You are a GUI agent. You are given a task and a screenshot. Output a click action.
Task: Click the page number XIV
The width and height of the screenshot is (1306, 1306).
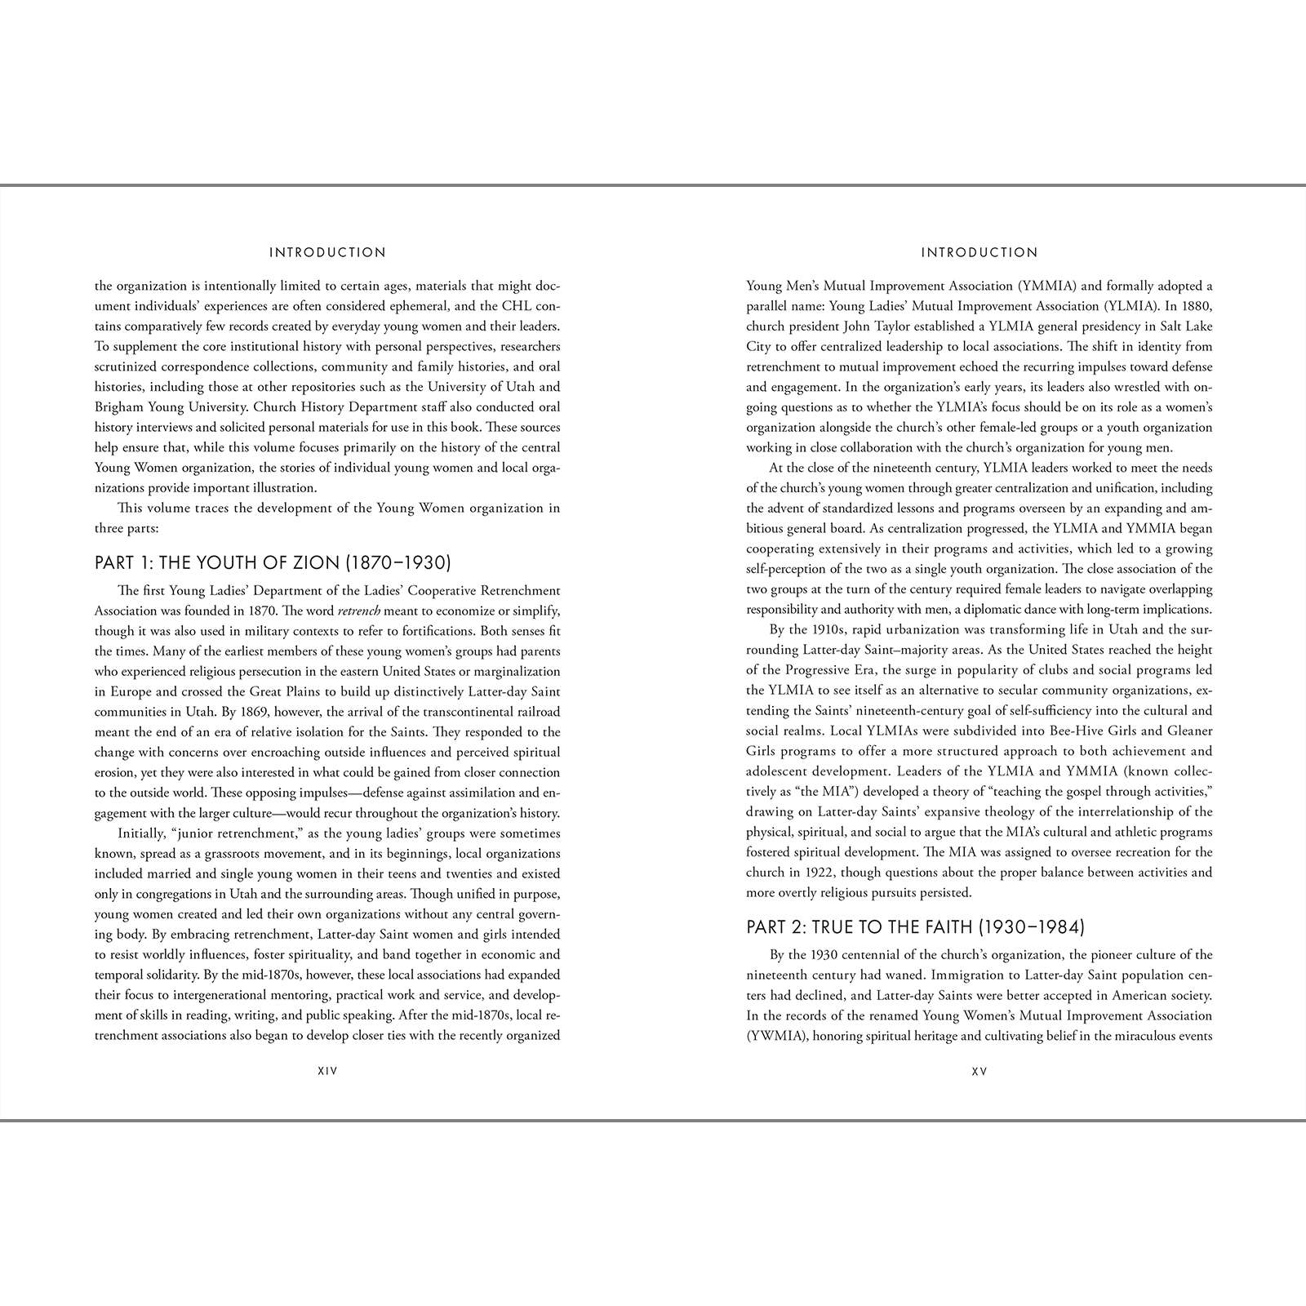click(x=327, y=1071)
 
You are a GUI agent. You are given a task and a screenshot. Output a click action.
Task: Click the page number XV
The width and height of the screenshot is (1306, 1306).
click(x=979, y=1071)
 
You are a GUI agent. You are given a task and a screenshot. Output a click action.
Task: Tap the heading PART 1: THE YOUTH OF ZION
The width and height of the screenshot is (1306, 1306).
click(x=273, y=562)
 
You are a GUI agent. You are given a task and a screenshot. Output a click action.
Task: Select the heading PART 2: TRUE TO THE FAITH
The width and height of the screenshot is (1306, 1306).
click(x=915, y=926)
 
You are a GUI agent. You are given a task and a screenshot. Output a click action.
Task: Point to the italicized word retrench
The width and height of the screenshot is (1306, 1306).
click(x=359, y=611)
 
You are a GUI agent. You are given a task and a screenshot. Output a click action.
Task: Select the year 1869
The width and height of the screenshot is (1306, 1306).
click(x=344, y=712)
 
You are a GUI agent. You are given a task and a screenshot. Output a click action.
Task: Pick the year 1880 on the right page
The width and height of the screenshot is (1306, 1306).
click(x=1196, y=306)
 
